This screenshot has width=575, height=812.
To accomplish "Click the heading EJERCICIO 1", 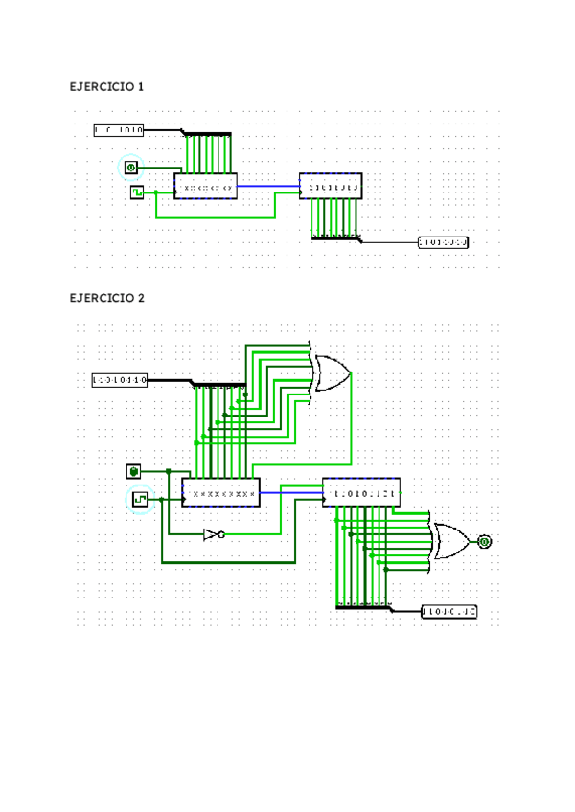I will coord(106,87).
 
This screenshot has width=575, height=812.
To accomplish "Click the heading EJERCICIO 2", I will coord(106,298).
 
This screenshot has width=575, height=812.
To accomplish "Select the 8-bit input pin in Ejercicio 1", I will coord(119,129).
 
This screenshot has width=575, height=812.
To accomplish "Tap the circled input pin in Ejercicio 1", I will coord(131,168).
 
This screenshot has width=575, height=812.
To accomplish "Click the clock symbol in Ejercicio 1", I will coord(137,192).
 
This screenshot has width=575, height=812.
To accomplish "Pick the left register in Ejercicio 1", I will coord(205,186).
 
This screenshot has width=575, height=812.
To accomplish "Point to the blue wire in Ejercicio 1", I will coord(267,186).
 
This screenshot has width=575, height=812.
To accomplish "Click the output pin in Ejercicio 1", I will coord(444,242).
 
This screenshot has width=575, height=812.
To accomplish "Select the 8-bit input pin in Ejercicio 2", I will coord(119,380).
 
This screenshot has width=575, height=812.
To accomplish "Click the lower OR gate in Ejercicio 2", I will coord(450,541).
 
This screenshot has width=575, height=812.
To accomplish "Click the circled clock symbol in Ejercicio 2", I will coord(140,499).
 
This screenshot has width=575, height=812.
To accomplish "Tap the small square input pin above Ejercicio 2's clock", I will coord(134,471).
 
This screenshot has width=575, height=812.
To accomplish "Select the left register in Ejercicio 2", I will coord(221,492).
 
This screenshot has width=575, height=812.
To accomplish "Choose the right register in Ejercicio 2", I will coord(361,492).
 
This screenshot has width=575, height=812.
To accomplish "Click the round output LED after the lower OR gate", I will coord(484,542).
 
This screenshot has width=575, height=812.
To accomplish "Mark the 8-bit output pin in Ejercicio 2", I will coord(449,611).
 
